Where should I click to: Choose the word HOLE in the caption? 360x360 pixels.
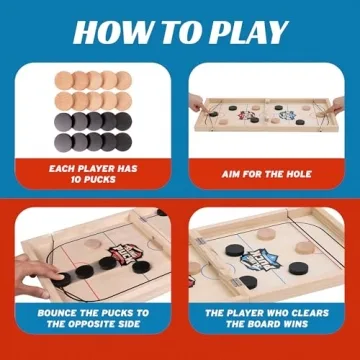point(289,172)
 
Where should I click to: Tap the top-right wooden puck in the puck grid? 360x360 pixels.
point(124,80)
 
